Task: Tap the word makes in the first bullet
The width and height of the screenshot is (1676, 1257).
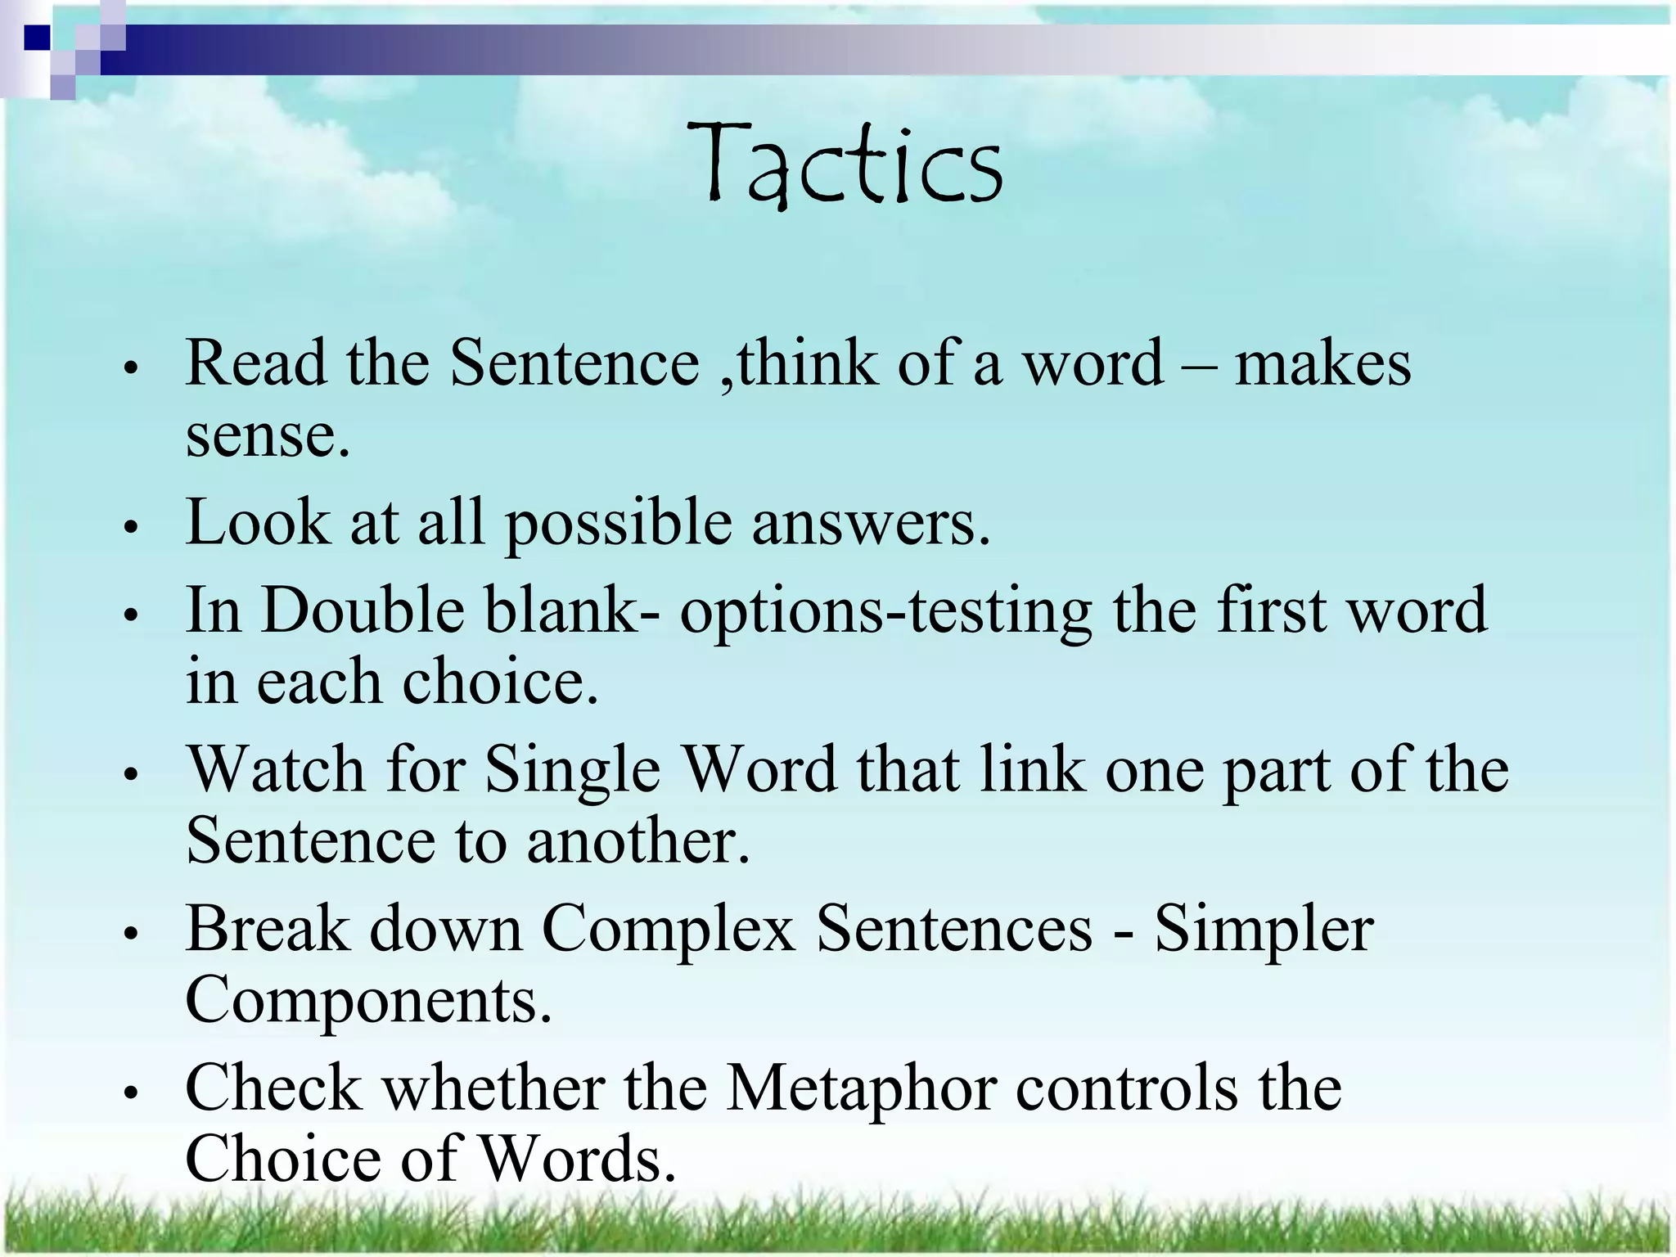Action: pos(1322,363)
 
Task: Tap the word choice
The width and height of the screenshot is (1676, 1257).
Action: pos(499,683)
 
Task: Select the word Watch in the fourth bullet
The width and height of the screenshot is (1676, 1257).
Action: pos(276,770)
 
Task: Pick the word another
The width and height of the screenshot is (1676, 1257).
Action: pos(637,842)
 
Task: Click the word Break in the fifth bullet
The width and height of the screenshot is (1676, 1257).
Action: pos(268,929)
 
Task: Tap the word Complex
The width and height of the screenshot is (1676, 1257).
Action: pos(668,930)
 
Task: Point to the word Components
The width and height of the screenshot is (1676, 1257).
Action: pos(368,1001)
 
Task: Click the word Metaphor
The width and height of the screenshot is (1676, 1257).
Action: pos(861,1090)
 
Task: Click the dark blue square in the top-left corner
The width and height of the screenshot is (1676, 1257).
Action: pos(36,38)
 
